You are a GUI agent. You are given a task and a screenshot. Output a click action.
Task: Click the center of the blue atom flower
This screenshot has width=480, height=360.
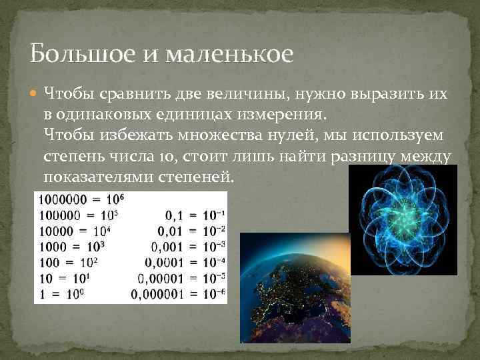403,220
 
